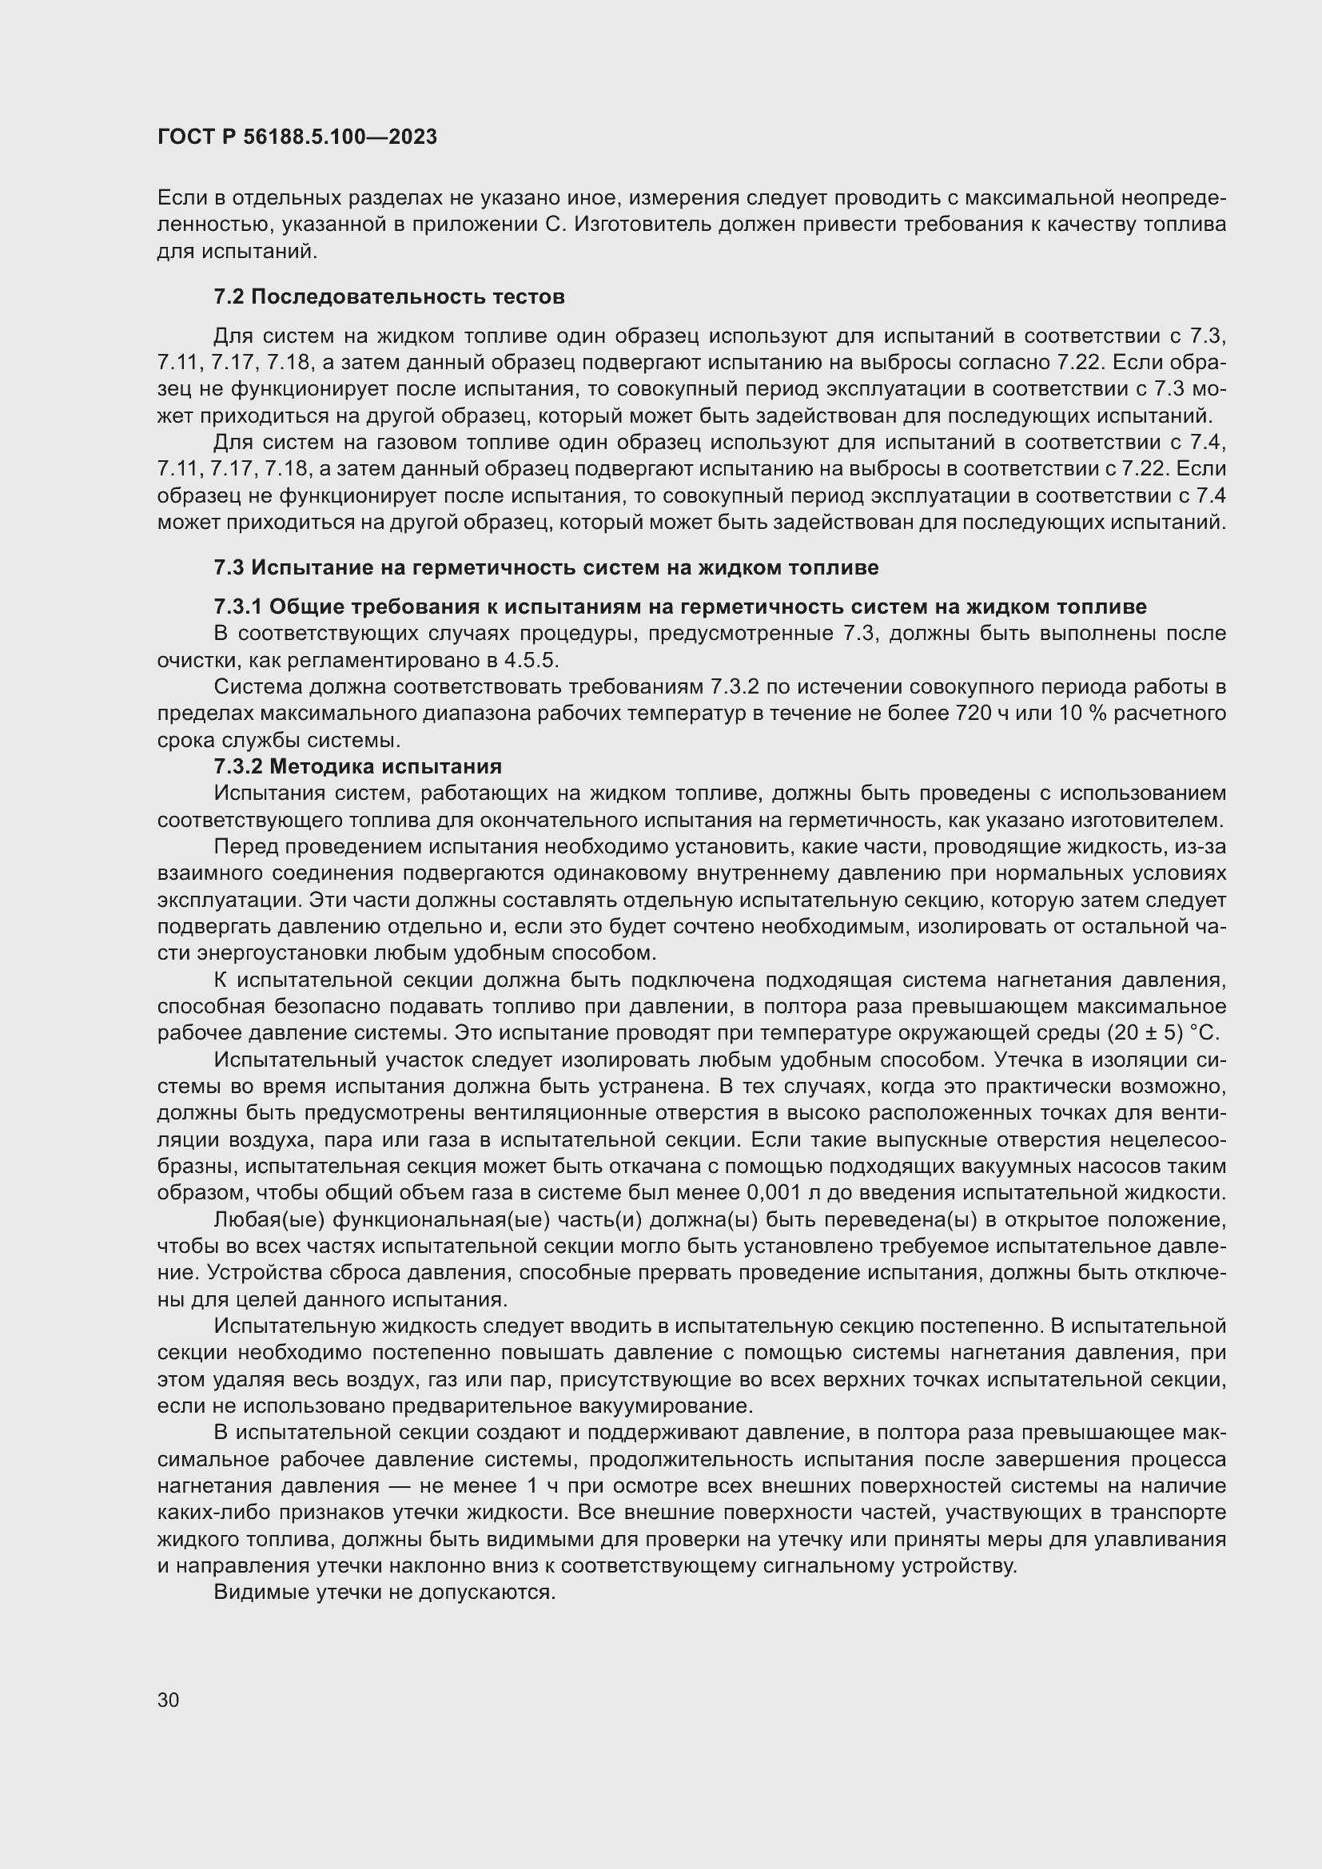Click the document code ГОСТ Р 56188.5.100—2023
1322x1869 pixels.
tap(297, 137)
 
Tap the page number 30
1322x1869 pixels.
tap(168, 1700)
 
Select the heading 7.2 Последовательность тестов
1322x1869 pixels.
tap(388, 297)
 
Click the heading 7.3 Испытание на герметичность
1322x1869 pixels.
tap(545, 567)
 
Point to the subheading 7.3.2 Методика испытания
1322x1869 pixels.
tap(357, 766)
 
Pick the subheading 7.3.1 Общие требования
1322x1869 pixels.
tap(679, 606)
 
